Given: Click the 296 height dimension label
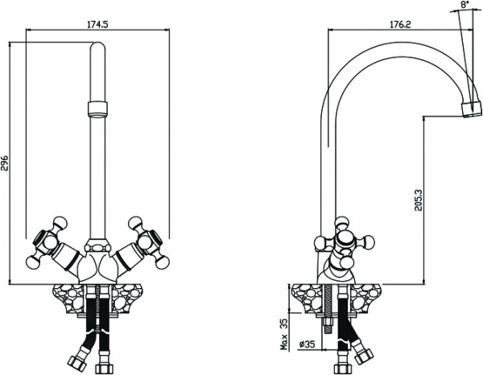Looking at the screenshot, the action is [6, 163].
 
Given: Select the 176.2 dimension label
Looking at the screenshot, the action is [400, 25].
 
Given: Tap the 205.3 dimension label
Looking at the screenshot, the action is [418, 200].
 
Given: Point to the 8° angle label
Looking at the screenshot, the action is [464, 5].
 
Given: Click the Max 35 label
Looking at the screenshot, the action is [283, 334].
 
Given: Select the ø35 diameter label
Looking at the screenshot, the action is [307, 344].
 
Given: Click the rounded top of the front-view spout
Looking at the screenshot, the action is [98, 46].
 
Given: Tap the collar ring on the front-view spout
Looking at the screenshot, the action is [98, 109].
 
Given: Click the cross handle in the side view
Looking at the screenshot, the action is [345, 242].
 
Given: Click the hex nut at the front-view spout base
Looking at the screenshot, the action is [97, 247].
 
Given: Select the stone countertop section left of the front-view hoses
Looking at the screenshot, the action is [68, 298].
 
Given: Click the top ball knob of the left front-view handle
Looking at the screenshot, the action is [60, 222].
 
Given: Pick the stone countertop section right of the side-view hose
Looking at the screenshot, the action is [366, 298].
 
